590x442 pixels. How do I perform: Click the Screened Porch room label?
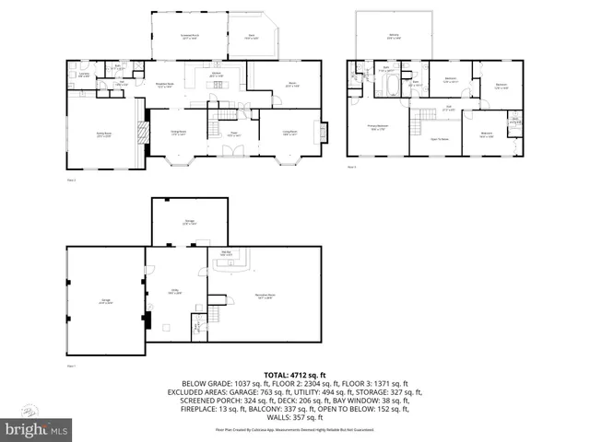(189, 37)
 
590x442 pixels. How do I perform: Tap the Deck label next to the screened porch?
(252, 37)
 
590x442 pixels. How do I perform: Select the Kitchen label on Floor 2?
(217, 75)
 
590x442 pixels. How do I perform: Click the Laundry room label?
(83, 76)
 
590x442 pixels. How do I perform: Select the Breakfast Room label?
(165, 86)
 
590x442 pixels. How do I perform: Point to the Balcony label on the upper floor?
(394, 37)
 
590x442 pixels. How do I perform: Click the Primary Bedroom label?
(378, 128)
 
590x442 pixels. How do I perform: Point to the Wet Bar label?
(226, 253)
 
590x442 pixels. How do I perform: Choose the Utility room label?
(175, 291)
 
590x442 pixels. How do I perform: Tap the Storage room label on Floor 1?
(189, 222)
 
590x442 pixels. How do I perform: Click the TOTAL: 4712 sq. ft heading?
(295, 375)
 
